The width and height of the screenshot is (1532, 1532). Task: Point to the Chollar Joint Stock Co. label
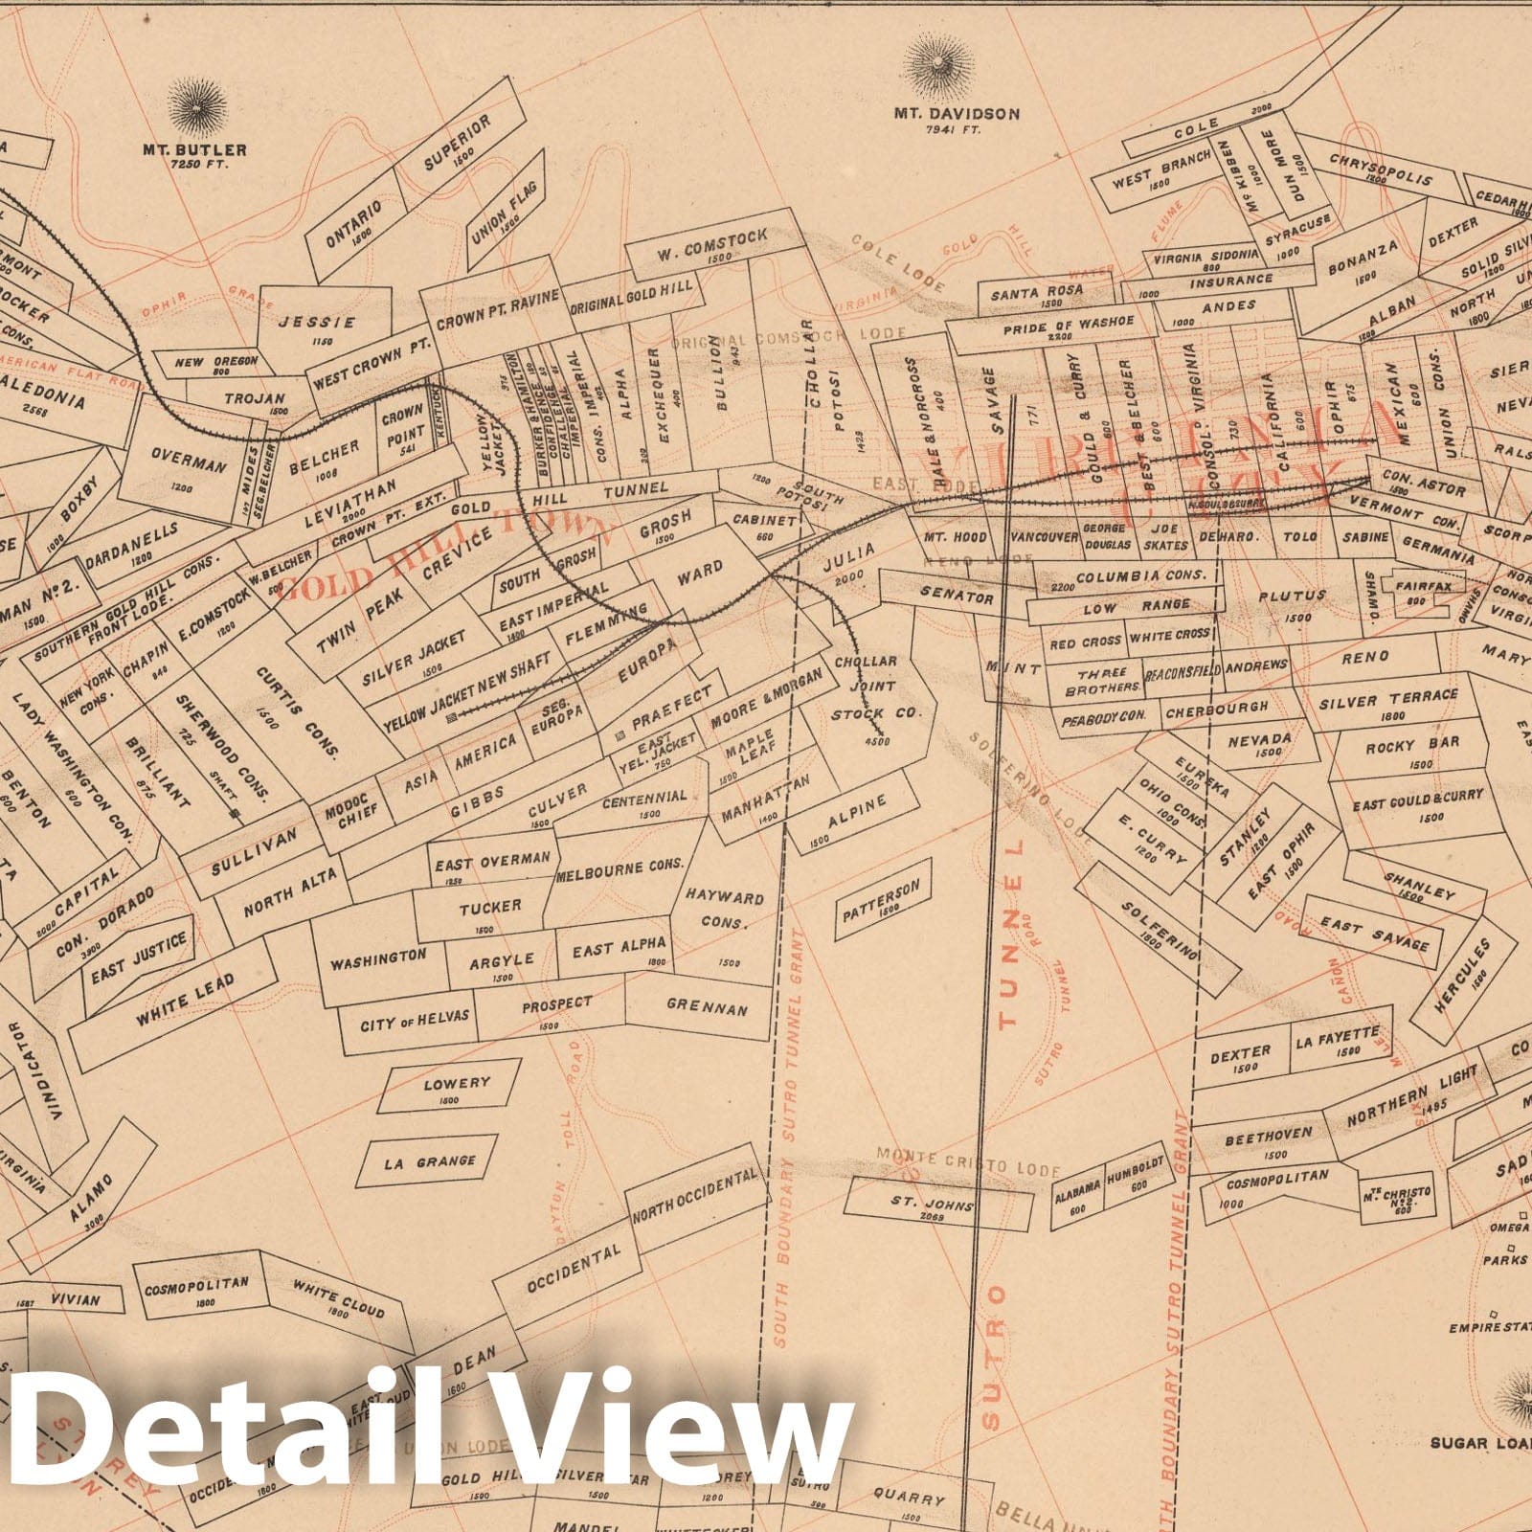coord(875,687)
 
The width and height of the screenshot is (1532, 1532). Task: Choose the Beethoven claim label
coord(1268,1134)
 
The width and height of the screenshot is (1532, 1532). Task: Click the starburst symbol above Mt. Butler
coord(198,107)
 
